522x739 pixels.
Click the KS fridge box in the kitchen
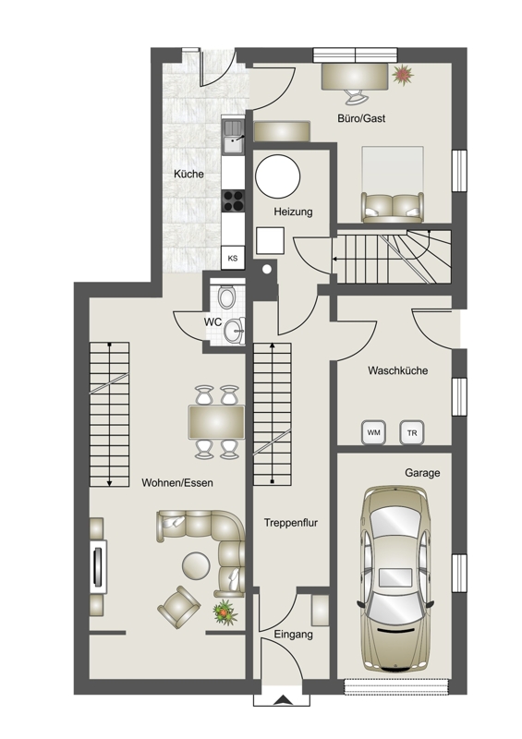[x=233, y=258]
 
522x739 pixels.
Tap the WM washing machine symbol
[x=373, y=432]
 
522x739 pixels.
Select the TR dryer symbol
[x=412, y=432]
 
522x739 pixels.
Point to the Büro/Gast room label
[x=361, y=118]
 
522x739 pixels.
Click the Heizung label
[x=293, y=212]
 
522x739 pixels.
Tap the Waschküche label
[x=398, y=370]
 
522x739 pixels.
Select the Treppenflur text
[x=291, y=523]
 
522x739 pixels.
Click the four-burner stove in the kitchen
[x=233, y=200]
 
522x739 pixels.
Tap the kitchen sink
[x=233, y=137]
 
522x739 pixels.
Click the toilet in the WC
[x=226, y=297]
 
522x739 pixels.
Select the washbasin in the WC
[x=235, y=331]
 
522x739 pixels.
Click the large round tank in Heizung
[x=278, y=176]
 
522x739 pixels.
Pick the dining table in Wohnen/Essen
[x=216, y=422]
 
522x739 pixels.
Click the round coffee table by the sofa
[x=196, y=565]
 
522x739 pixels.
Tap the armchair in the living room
[x=178, y=607]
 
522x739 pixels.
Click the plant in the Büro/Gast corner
[x=403, y=75]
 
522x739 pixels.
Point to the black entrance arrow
[x=282, y=700]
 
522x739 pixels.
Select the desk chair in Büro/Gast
[x=355, y=97]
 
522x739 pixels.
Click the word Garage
[x=422, y=473]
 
